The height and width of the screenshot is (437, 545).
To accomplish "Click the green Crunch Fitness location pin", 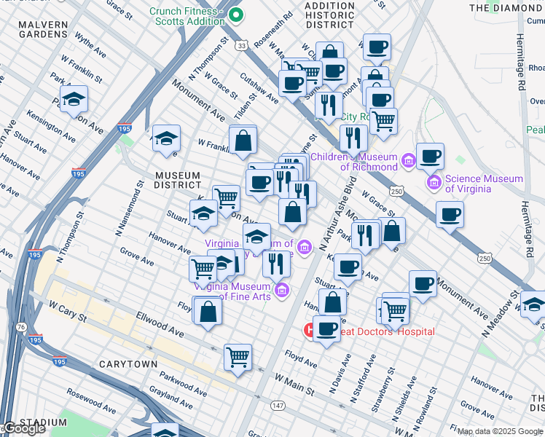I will click(x=236, y=14).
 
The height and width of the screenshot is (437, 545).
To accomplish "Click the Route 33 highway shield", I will click(x=240, y=45).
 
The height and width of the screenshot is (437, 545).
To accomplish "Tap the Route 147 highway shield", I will click(x=257, y=404).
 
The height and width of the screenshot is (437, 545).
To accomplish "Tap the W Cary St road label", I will click(x=68, y=312).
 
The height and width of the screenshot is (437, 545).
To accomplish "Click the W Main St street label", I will click(x=294, y=385).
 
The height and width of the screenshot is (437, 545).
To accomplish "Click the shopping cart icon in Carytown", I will click(x=238, y=357).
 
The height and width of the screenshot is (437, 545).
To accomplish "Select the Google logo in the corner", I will click(x=24, y=428).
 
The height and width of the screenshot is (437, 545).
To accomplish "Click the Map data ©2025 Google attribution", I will click(x=500, y=431).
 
